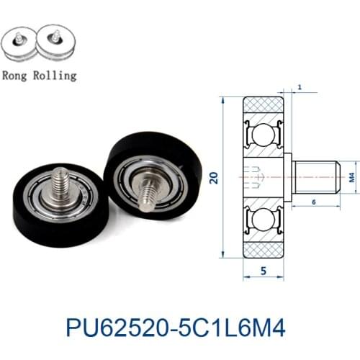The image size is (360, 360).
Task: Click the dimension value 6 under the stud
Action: (x=315, y=203)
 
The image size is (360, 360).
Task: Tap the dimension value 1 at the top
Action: (x=298, y=87)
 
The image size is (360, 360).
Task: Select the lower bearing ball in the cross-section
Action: (x=262, y=217)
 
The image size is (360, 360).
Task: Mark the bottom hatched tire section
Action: (x=262, y=248)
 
